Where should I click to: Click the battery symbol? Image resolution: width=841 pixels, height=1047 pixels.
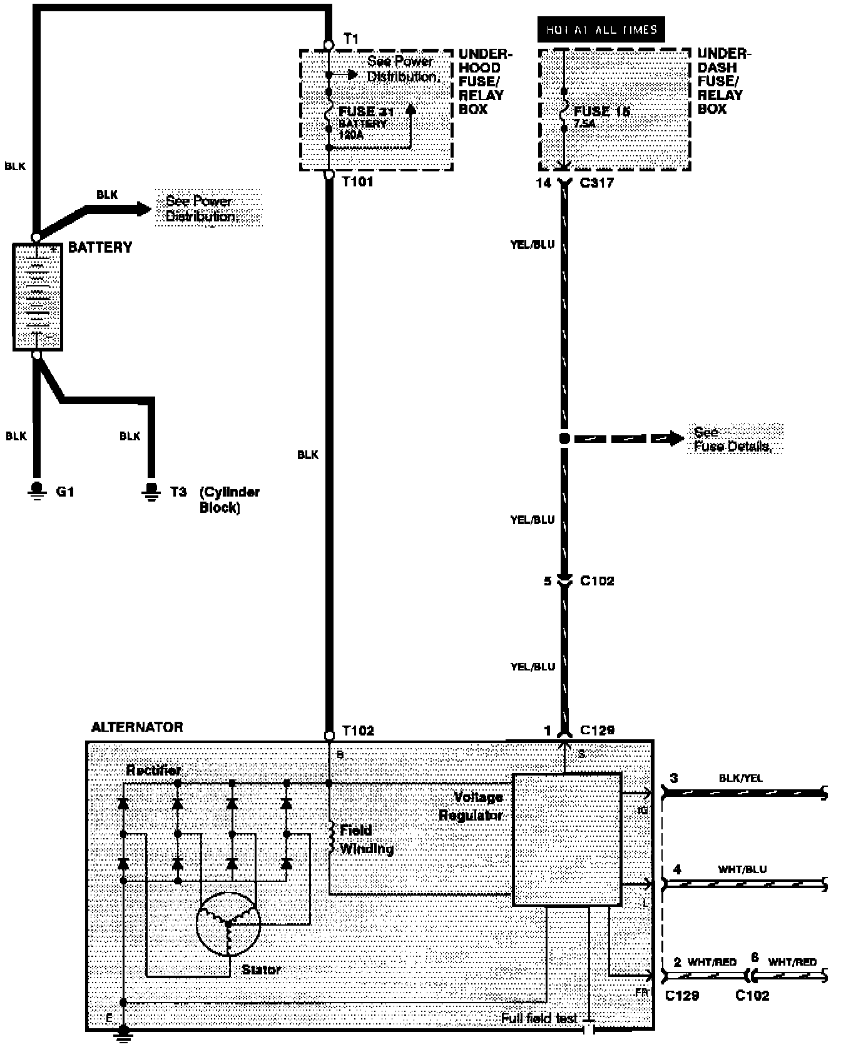[38, 296]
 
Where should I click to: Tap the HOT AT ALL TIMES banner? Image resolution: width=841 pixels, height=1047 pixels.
[601, 29]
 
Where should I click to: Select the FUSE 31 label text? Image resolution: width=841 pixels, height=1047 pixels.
[366, 112]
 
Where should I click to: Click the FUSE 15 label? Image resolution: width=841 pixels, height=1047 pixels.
[602, 111]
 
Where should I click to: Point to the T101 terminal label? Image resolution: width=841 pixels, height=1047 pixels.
[358, 183]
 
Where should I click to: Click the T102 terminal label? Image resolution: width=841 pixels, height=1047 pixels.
[359, 731]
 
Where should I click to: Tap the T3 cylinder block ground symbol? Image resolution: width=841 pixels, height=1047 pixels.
[150, 490]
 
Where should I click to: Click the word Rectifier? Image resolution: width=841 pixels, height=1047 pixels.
[153, 770]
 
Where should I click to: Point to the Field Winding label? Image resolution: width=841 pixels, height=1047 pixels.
[366, 839]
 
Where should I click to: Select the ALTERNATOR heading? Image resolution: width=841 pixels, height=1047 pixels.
[137, 727]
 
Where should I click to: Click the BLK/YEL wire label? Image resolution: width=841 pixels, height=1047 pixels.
[741, 779]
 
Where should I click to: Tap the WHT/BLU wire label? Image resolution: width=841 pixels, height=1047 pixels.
[742, 869]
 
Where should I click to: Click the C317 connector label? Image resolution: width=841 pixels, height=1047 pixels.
[597, 183]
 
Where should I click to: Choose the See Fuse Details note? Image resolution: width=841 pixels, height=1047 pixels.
[732, 439]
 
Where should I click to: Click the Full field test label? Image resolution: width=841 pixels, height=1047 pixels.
[539, 1018]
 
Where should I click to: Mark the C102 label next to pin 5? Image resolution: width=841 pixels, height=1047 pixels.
[597, 580]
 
